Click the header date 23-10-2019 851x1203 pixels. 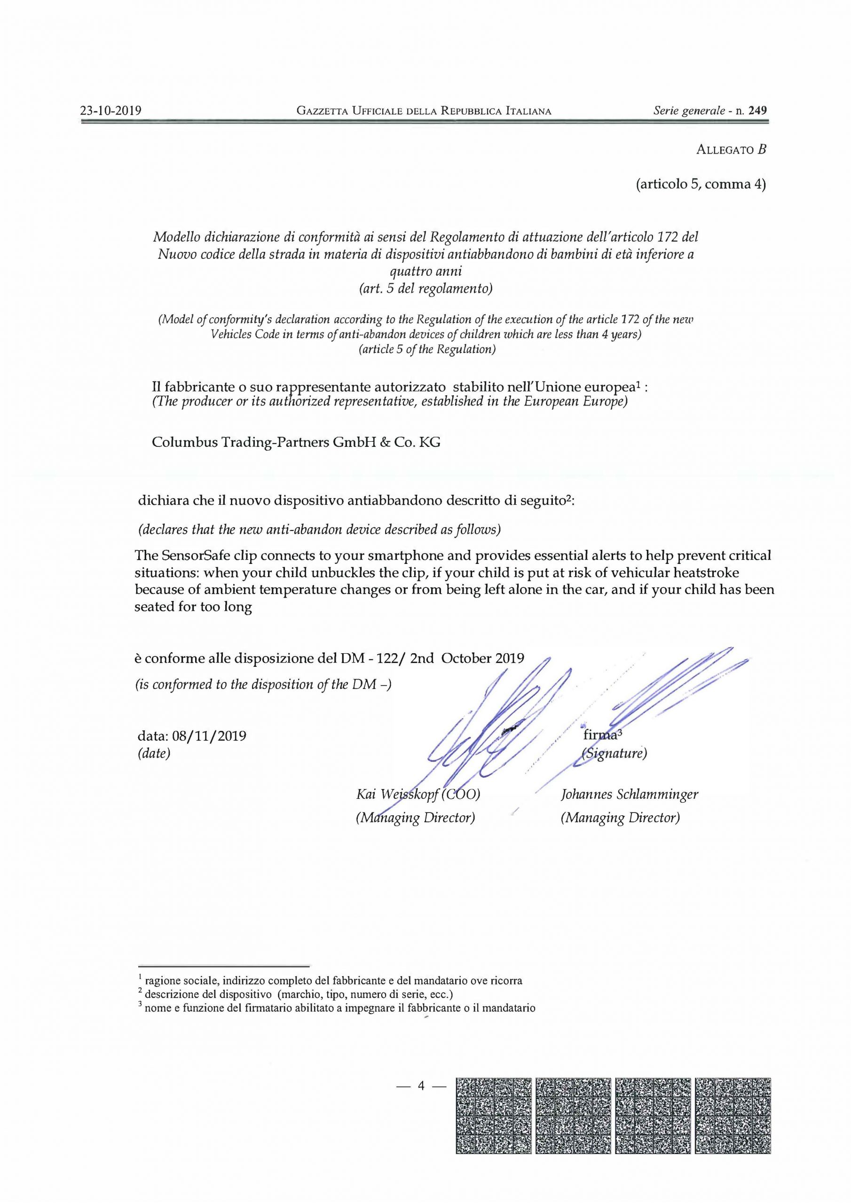pos(110,110)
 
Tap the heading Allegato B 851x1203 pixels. pos(732,149)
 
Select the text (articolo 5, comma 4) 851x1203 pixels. pos(701,184)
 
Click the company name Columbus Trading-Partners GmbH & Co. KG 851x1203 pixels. pos(296,442)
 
